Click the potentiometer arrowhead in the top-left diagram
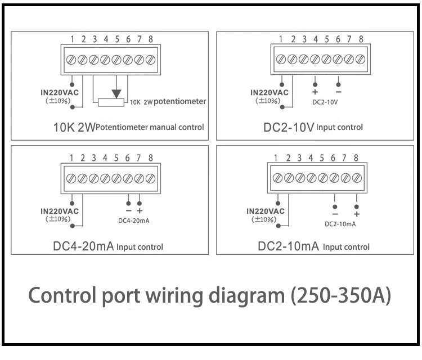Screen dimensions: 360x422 point(116,92)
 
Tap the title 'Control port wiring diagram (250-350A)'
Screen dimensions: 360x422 point(209,295)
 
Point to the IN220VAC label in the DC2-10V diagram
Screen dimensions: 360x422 point(269,92)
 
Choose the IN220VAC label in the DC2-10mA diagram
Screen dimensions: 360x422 point(266,211)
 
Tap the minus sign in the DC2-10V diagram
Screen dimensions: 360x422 point(338,92)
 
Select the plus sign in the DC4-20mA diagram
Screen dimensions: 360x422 point(140,210)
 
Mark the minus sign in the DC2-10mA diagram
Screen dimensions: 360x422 point(335,214)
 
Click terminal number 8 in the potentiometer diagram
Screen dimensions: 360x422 point(150,39)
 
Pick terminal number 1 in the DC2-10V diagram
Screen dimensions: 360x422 point(281,39)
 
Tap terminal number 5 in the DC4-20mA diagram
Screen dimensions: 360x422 point(116,158)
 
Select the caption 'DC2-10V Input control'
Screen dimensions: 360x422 point(313,127)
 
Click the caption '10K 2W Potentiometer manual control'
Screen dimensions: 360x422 point(128,127)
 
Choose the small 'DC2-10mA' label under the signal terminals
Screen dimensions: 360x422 point(340,224)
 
